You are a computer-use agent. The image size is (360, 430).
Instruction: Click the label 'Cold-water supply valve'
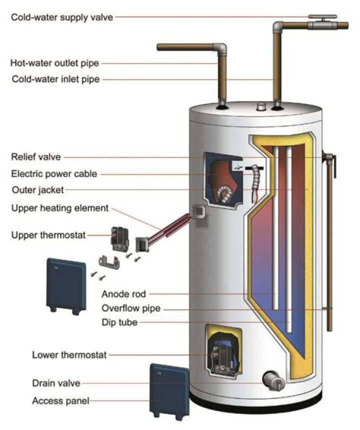[x=62, y=17]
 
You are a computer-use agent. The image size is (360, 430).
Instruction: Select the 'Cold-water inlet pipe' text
[x=55, y=79]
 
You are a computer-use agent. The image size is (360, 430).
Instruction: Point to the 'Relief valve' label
[x=36, y=157]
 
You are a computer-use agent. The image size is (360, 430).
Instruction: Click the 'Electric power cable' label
[x=54, y=174]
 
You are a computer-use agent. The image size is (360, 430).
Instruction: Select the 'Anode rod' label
[x=123, y=293]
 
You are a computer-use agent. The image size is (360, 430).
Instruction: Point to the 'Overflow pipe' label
[x=131, y=308]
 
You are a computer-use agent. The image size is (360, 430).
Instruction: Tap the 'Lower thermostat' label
[x=69, y=355]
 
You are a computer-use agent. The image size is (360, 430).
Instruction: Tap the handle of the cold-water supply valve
[x=317, y=16]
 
